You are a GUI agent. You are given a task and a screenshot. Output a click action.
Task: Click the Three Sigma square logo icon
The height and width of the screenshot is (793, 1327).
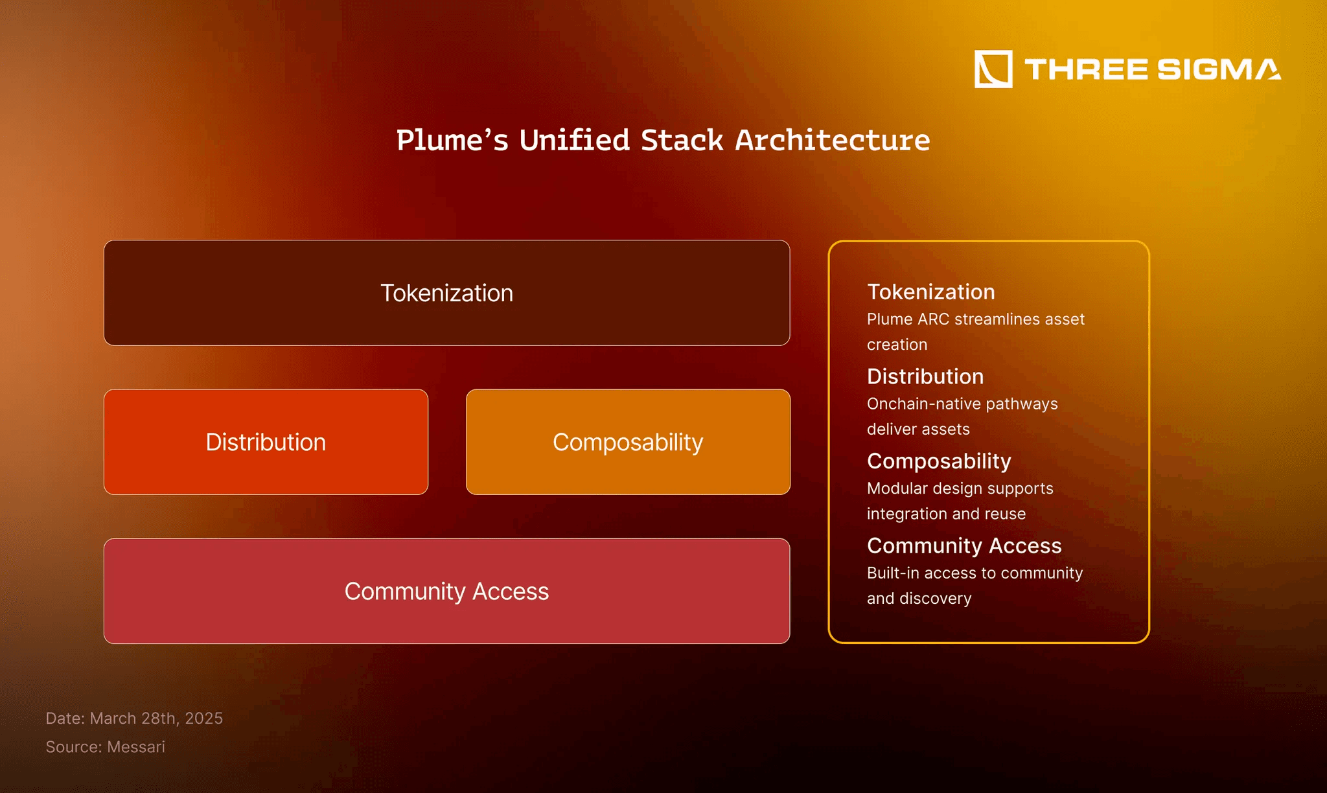(993, 69)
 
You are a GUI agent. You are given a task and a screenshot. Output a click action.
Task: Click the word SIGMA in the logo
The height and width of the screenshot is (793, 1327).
(1218, 69)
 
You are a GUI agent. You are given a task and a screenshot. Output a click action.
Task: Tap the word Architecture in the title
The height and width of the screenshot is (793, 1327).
(833, 141)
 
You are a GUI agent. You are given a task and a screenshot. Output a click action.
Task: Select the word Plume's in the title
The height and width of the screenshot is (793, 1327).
(452, 141)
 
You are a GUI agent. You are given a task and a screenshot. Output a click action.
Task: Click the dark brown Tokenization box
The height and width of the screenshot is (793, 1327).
(446, 293)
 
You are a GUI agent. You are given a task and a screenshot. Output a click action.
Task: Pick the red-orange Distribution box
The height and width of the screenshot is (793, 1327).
(266, 442)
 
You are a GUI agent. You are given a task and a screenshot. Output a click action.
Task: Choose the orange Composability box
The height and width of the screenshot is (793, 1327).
(628, 442)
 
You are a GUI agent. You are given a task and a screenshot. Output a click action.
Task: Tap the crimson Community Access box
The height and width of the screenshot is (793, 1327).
(446, 591)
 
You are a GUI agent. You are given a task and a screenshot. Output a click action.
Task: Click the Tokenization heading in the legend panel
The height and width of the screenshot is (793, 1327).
(930, 292)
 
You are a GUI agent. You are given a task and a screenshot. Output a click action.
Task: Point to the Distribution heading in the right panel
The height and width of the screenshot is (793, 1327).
(925, 376)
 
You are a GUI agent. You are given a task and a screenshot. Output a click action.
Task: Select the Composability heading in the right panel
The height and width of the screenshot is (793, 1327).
(939, 461)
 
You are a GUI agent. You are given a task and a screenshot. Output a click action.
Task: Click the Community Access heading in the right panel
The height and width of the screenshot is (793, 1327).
(964, 546)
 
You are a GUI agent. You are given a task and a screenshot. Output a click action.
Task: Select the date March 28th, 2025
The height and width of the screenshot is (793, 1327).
(156, 718)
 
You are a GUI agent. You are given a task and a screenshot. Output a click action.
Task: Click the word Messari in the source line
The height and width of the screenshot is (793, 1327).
(136, 747)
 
